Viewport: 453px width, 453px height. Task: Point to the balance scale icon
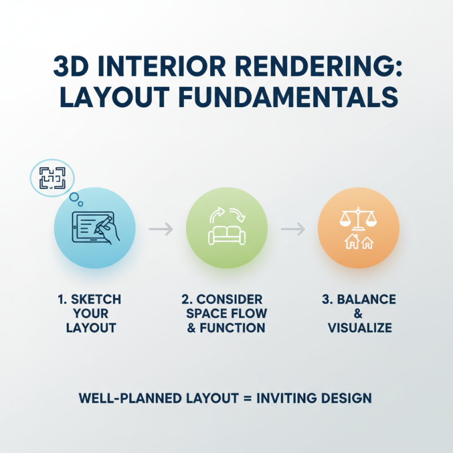click(359, 219)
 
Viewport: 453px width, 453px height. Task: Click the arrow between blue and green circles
click(161, 229)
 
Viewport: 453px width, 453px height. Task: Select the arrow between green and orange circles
click(293, 229)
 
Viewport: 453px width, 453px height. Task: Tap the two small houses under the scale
click(359, 242)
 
